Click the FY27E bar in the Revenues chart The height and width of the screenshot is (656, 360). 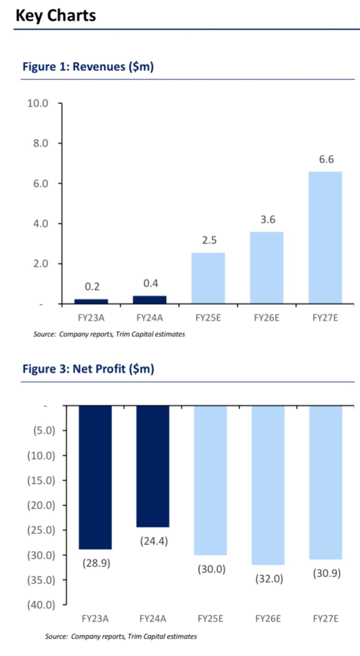325,237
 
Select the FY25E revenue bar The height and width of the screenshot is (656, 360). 208,278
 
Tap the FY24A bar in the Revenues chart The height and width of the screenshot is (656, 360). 150,300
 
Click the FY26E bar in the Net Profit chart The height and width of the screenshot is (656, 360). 268,485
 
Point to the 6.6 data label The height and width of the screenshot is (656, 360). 326,159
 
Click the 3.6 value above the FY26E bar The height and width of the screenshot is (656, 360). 268,220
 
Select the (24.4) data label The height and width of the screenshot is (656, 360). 154,541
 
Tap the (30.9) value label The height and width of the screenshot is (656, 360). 326,573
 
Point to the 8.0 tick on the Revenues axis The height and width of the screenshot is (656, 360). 41,143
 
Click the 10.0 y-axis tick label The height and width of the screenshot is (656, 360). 38,103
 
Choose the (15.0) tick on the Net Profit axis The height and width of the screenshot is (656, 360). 41,480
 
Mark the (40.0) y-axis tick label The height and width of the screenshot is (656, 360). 41,605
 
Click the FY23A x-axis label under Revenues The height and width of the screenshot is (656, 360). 91,318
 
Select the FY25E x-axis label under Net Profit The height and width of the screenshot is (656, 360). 210,618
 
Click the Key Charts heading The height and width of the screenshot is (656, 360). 56,16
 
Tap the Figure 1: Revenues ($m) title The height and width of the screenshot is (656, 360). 88,67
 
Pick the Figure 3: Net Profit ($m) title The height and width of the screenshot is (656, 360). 88,369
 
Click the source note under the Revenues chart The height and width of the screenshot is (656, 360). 109,334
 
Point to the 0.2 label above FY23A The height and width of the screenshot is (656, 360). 92,287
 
